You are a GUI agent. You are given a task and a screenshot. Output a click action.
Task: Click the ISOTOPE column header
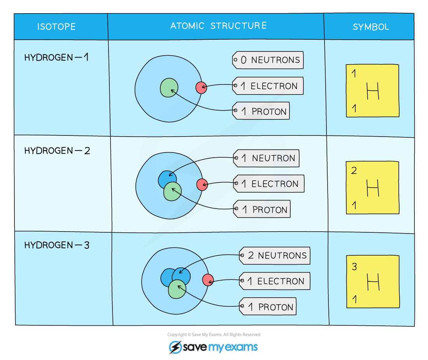[56, 27]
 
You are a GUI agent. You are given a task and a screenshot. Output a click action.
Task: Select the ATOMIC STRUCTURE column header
[219, 26]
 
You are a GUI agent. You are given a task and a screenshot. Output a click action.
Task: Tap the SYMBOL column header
[370, 27]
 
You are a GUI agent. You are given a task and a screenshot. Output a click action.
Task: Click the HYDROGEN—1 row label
[56, 58]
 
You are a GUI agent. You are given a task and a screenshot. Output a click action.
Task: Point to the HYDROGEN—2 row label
[57, 151]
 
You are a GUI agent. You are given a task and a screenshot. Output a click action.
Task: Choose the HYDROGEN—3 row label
[57, 245]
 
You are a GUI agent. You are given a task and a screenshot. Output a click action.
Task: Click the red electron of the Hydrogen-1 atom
[201, 88]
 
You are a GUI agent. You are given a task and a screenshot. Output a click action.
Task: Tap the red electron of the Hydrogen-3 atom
[208, 280]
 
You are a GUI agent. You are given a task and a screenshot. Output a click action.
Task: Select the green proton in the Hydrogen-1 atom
[169, 88]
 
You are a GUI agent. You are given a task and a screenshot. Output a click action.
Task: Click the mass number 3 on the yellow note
[354, 267]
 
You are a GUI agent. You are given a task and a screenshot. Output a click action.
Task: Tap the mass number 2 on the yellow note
[354, 171]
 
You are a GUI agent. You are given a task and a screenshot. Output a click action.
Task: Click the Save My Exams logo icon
[175, 347]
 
